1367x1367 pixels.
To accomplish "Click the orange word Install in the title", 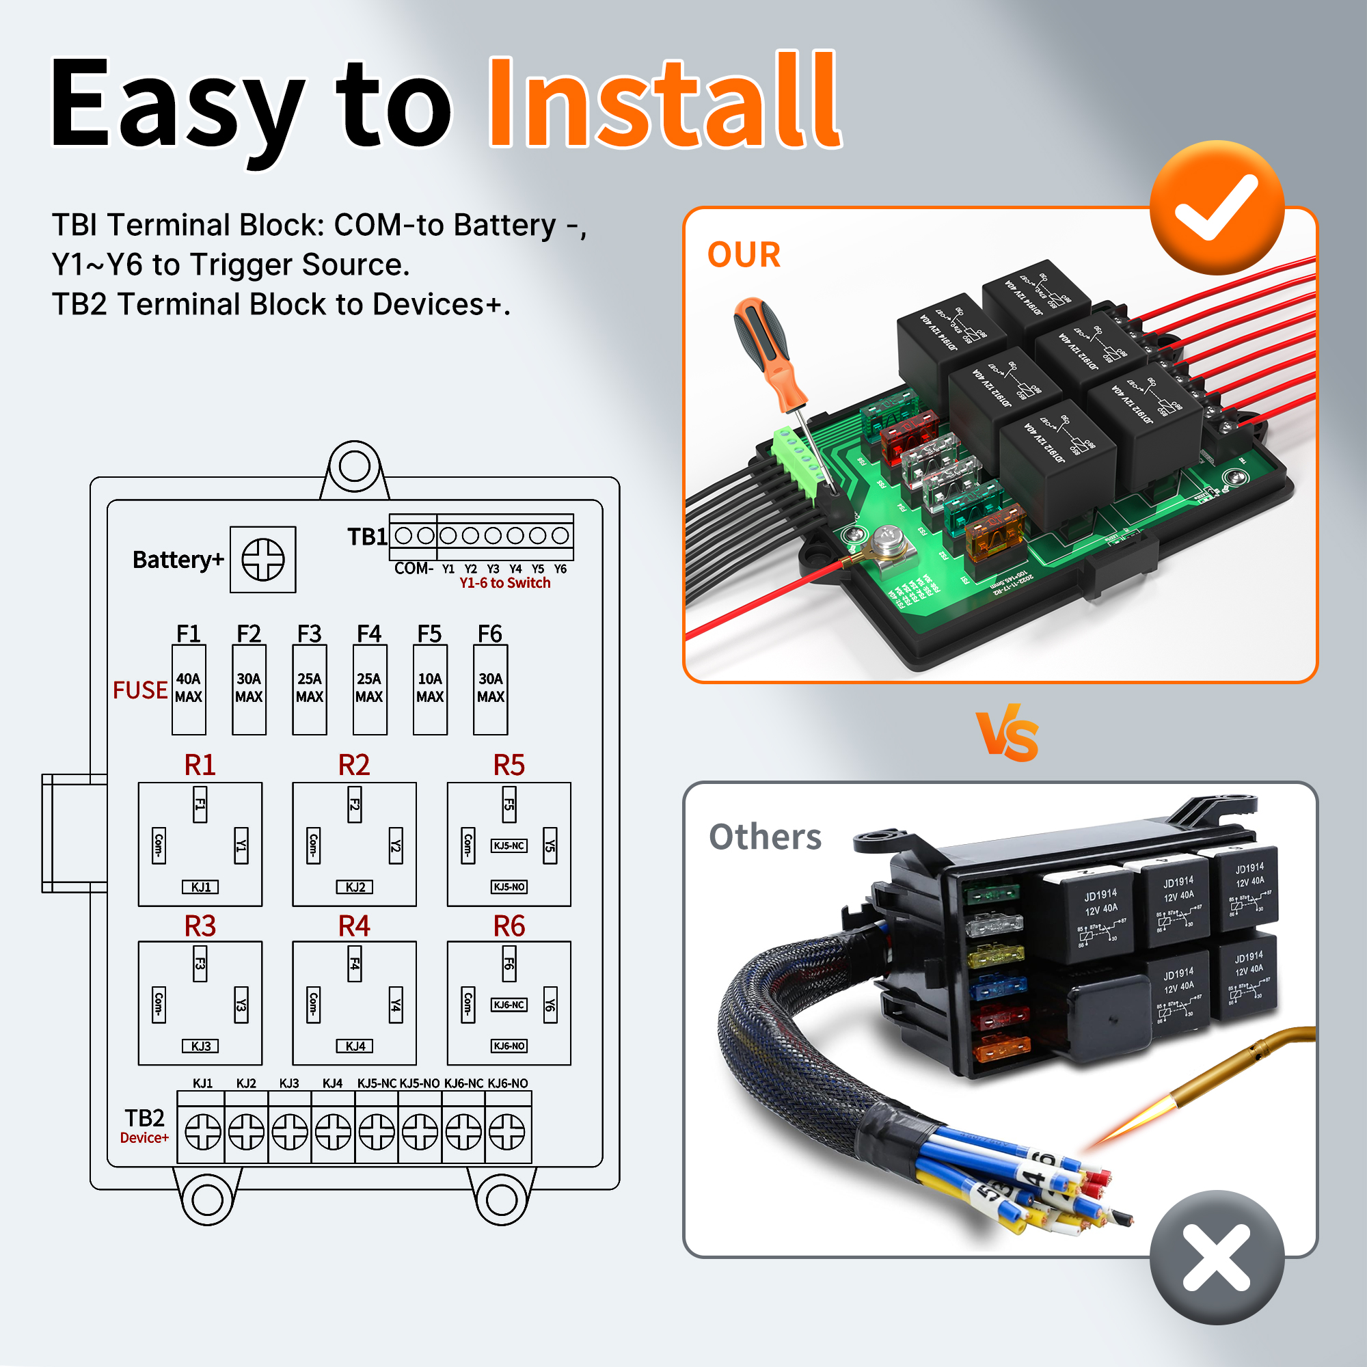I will pos(664,103).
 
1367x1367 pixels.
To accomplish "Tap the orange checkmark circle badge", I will pos(1217,207).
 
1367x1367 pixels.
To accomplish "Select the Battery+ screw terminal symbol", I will pos(262,559).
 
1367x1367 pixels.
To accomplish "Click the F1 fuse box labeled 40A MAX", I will pos(188,688).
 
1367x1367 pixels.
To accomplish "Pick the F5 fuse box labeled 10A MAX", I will pos(429,688).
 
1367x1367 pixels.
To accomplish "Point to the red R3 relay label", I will pos(200,925).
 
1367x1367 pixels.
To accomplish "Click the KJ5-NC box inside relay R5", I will pos(509,845).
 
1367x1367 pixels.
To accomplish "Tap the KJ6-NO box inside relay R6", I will pos(509,1046).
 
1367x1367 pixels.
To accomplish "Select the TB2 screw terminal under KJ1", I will pos(202,1131).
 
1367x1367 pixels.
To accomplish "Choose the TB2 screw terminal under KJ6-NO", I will pos(507,1131).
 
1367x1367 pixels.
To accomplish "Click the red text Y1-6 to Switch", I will pos(504,583).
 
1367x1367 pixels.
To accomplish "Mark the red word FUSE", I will pos(140,690).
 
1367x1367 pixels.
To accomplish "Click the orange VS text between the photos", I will pos(1007,733).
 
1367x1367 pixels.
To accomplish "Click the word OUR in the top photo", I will pos(744,255).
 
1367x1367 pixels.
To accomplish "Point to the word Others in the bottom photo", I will pos(765,837).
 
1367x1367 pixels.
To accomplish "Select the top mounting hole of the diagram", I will pos(354,465).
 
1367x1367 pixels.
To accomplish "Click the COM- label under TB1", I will pos(414,568).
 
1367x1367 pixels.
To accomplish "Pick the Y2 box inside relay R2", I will pos(396,845).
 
